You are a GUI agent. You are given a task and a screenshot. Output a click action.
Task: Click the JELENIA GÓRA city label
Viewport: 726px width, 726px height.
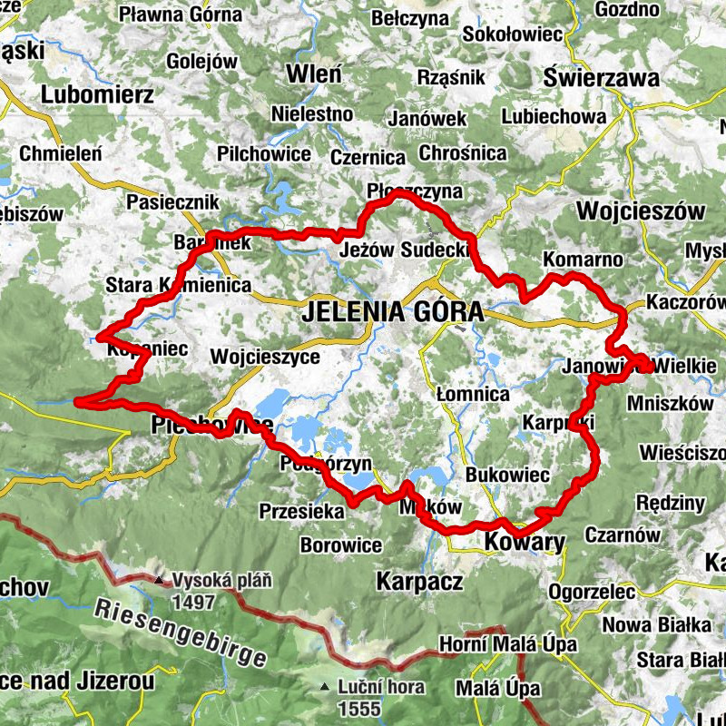coord(392,312)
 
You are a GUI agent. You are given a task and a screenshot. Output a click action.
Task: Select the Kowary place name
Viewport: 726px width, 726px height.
coord(525,542)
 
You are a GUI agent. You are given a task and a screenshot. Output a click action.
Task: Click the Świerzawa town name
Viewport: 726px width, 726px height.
coord(601,78)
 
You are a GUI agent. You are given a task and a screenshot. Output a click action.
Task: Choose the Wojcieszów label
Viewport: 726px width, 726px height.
coord(641,211)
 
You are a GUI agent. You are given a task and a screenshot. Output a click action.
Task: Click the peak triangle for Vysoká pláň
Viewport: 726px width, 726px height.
coord(159,580)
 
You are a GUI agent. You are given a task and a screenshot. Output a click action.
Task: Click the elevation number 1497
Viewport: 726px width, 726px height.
coord(194,603)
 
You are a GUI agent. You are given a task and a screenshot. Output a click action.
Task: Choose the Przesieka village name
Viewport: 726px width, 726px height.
coord(301,512)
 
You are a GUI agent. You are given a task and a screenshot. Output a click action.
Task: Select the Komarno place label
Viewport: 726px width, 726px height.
coord(583,260)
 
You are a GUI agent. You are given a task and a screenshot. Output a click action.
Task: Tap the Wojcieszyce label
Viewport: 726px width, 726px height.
coord(264,357)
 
